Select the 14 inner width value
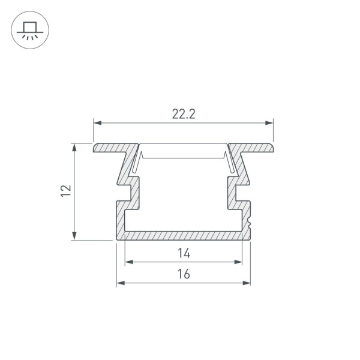[x=184, y=253]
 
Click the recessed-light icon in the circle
[x=29, y=29]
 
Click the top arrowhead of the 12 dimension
[x=75, y=146]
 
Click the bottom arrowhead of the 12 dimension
[x=75, y=237]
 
